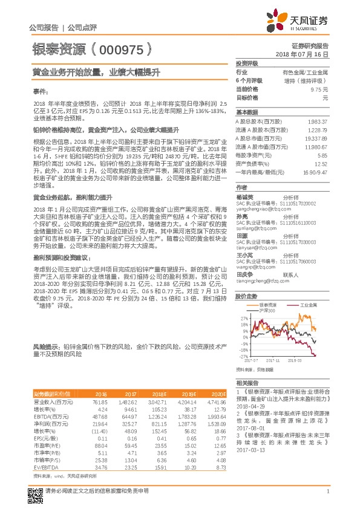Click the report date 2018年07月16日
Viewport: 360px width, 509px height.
coord(309,54)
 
